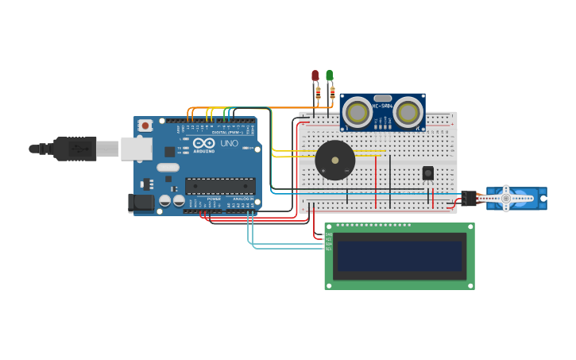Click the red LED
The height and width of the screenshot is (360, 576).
[x=315, y=76]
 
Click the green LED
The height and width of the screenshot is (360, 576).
[x=329, y=75]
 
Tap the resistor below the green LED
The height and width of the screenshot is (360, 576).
[x=332, y=93]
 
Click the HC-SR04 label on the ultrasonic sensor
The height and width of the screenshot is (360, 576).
[x=383, y=106]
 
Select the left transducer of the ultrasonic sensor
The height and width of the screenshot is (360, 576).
[x=358, y=113]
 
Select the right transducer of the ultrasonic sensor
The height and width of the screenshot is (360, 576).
[x=408, y=113]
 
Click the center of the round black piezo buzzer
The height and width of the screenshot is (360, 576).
[x=335, y=161]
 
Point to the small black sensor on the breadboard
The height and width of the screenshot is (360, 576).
[x=427, y=173]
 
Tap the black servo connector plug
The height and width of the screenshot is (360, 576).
[x=469, y=198]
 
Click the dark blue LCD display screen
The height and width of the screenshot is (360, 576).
[x=400, y=256]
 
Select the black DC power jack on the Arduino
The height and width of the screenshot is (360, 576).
[x=142, y=203]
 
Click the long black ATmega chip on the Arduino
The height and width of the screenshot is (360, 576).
[x=220, y=186]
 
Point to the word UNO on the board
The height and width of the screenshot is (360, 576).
[x=229, y=144]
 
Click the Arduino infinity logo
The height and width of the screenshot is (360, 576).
[x=203, y=143]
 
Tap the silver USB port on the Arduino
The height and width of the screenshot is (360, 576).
[x=136, y=149]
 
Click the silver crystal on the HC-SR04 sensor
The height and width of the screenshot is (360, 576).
[x=383, y=98]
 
